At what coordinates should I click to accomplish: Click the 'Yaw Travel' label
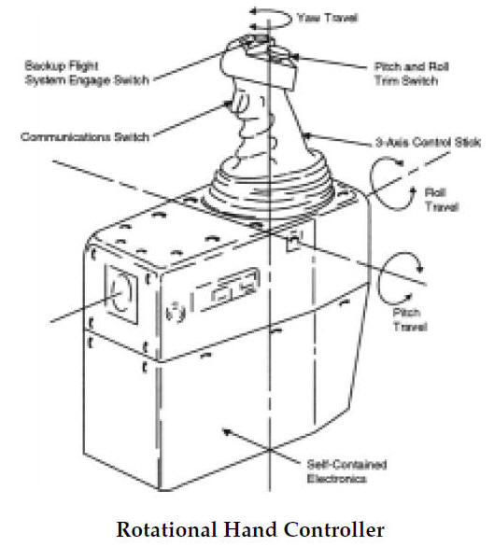(319, 17)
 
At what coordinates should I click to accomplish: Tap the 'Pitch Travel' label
(411, 321)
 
